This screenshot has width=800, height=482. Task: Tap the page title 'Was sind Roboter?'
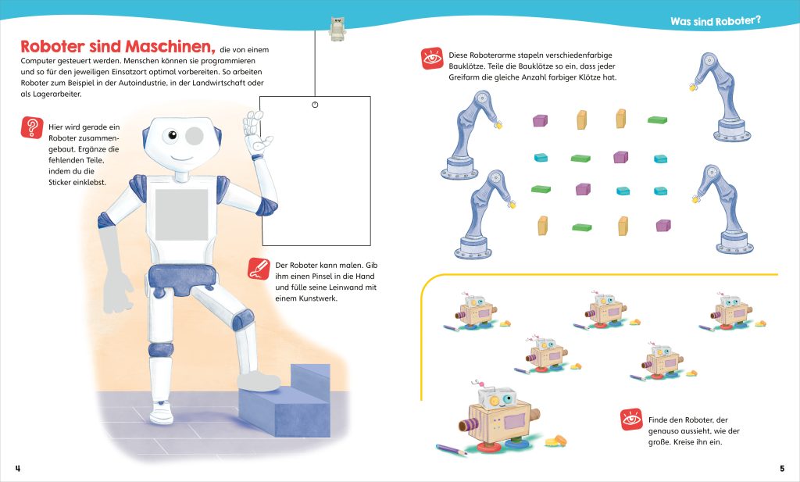[x=715, y=21]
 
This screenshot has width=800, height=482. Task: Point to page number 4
[x=17, y=468]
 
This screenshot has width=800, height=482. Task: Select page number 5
[x=781, y=468]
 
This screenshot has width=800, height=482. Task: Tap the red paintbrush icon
[x=255, y=270]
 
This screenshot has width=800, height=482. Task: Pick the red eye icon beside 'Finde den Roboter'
[x=631, y=420]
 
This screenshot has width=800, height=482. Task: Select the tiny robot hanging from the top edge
[x=337, y=29]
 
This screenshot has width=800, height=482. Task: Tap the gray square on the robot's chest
[x=181, y=215]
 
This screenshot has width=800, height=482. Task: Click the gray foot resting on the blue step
[x=259, y=380]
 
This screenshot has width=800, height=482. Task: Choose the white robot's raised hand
[x=255, y=133]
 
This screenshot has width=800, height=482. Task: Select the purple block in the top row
[x=540, y=120]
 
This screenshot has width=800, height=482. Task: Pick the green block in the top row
[x=657, y=120]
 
